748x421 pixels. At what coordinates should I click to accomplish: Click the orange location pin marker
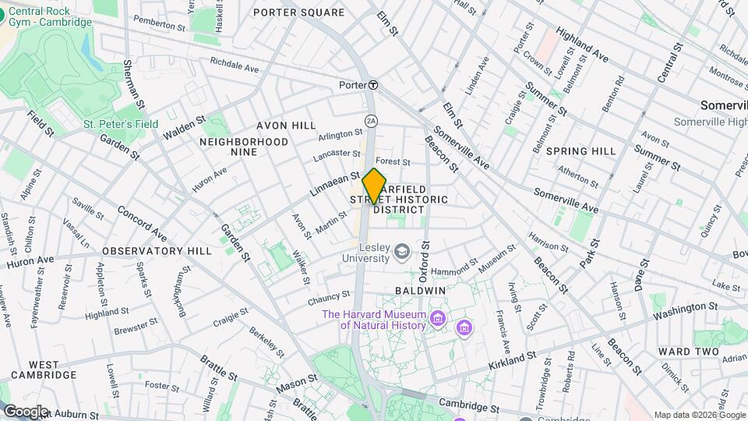pyautogui.click(x=375, y=186)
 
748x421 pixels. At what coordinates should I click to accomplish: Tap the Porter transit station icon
pyautogui.click(x=373, y=85)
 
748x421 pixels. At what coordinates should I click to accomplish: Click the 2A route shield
pyautogui.click(x=371, y=120)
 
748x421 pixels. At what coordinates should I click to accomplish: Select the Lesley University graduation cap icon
pyautogui.click(x=402, y=251)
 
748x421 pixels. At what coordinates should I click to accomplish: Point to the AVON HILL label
pyautogui.click(x=287, y=126)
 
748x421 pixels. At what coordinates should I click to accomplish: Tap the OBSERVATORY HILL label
pyautogui.click(x=157, y=251)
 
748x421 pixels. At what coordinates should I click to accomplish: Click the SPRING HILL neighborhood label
pyautogui.click(x=580, y=150)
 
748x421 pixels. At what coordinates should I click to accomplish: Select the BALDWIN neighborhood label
pyautogui.click(x=420, y=290)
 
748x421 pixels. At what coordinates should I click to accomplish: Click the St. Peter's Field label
pyautogui.click(x=121, y=124)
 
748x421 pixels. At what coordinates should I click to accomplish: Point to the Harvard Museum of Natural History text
pyautogui.click(x=373, y=320)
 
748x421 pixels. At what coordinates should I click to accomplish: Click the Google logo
pyautogui.click(x=25, y=412)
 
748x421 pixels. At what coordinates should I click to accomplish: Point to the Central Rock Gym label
pyautogui.click(x=50, y=16)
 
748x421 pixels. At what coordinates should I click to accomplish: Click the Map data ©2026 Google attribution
pyautogui.click(x=699, y=415)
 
